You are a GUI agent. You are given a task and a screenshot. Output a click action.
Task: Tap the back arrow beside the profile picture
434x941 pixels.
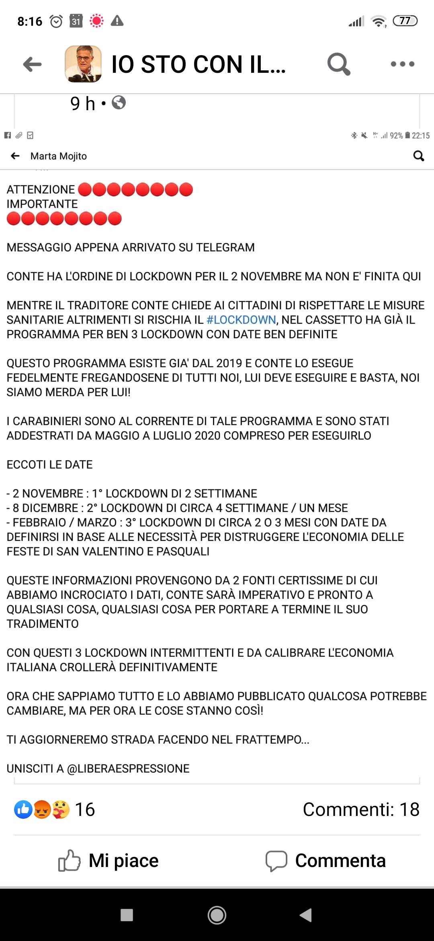tap(32, 64)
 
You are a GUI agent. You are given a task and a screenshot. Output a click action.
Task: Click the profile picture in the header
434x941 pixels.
tap(83, 64)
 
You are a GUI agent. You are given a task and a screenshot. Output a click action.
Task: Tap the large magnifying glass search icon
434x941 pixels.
tap(338, 64)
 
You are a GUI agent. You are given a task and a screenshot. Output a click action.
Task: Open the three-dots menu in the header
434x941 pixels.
tap(402, 64)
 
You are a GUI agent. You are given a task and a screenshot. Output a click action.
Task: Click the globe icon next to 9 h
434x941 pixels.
tap(119, 103)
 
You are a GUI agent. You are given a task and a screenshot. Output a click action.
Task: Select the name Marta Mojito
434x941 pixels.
tap(59, 156)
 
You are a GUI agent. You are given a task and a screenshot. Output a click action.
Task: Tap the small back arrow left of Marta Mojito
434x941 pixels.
tap(15, 156)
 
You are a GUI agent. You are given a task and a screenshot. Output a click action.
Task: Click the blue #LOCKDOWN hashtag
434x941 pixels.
tap(241, 320)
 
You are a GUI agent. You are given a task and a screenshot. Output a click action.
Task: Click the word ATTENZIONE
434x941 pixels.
tap(41, 189)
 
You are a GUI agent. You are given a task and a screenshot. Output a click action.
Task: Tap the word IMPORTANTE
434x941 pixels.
tap(42, 204)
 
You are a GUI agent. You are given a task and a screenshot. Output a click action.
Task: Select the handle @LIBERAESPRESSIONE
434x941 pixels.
tap(128, 768)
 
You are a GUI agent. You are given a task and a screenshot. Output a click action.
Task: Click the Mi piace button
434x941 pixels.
tap(108, 861)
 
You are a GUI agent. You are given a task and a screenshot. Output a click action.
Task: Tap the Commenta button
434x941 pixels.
tap(325, 861)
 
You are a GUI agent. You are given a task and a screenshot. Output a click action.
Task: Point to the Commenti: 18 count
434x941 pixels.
tap(361, 810)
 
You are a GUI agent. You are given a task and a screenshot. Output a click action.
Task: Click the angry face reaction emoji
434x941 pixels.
tap(42, 810)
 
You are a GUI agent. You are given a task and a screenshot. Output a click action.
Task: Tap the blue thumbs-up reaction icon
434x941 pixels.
tap(23, 810)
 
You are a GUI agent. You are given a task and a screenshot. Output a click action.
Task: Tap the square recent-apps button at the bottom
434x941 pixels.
tap(127, 915)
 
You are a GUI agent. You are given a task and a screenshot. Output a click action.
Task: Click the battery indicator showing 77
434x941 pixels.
tap(405, 21)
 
